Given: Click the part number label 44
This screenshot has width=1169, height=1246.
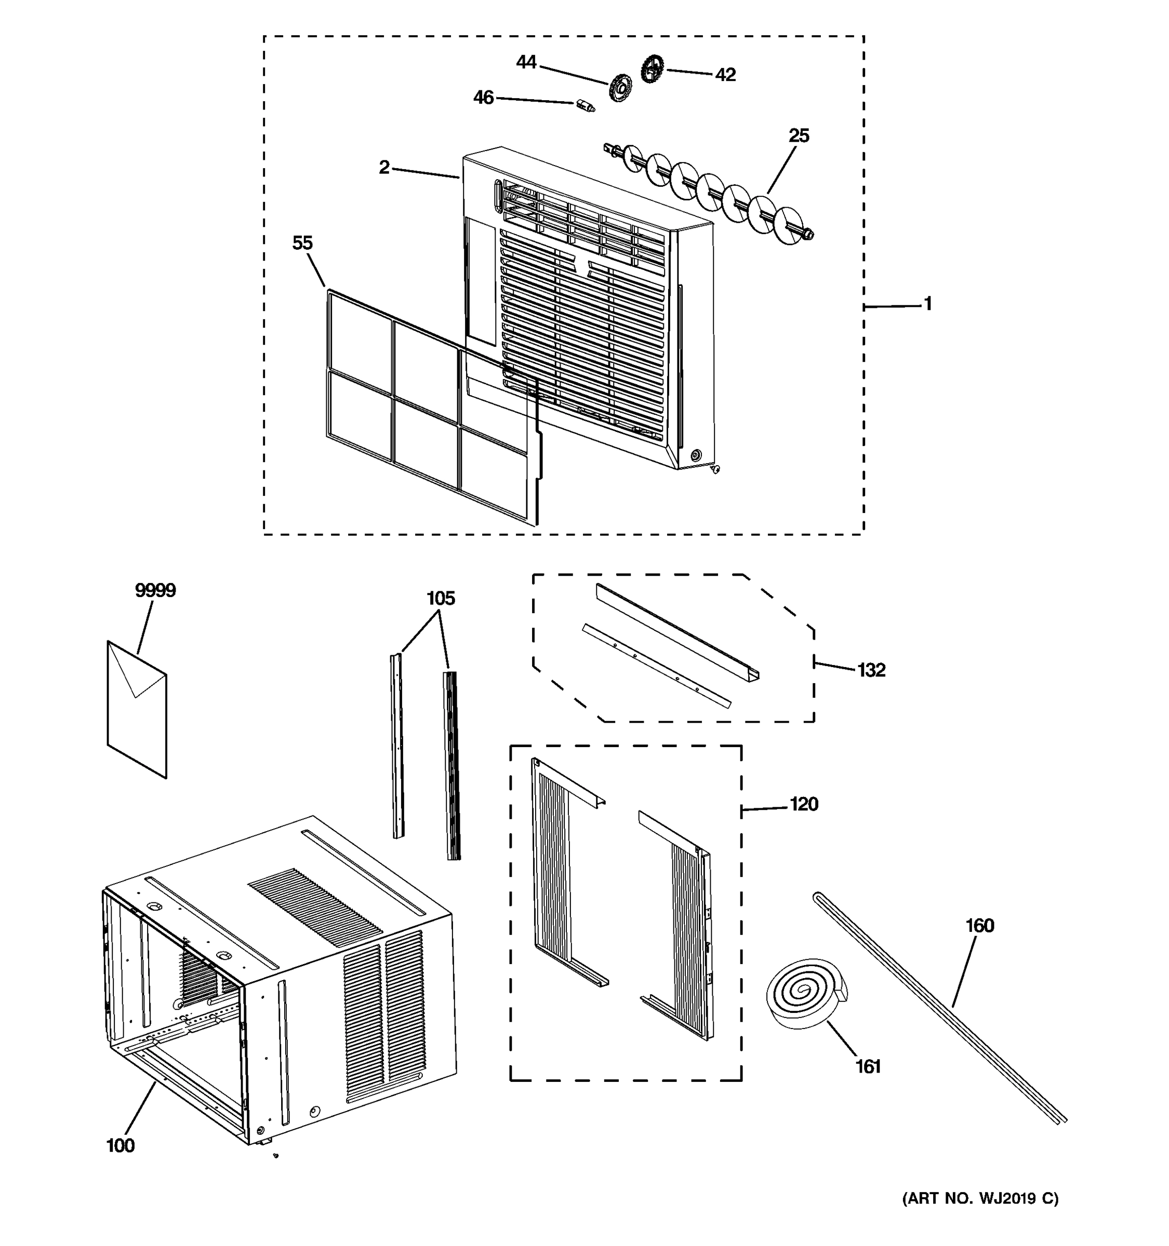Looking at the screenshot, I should (526, 62).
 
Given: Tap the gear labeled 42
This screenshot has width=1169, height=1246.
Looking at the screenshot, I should (652, 69).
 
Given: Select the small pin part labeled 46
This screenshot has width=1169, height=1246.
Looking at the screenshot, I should (585, 106).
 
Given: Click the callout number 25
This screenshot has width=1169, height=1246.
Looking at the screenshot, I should (799, 136).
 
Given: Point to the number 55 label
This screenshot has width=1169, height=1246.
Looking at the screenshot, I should (302, 243).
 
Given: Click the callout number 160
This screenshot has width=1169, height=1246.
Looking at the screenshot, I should (979, 926).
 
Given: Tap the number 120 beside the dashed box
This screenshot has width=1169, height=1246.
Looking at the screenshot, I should (803, 804).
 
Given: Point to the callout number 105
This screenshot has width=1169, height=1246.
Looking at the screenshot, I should (440, 599).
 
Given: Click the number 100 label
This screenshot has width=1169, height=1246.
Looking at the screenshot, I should (120, 1146).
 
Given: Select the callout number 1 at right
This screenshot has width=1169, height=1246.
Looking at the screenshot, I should (927, 304).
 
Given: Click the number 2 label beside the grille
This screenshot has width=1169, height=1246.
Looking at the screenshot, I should (384, 167).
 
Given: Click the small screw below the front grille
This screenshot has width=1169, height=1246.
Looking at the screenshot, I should (715, 469).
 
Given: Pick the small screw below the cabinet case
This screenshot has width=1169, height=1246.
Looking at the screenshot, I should (275, 1155).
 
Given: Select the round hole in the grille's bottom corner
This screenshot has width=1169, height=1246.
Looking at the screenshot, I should (694, 454).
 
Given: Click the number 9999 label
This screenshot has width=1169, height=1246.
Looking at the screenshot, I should (155, 590).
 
